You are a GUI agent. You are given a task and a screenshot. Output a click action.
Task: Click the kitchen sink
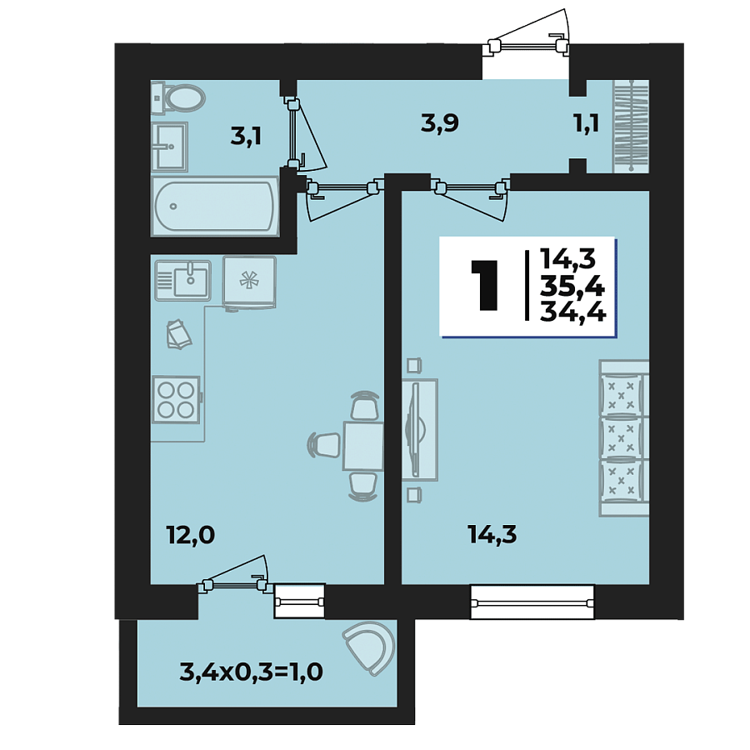183,279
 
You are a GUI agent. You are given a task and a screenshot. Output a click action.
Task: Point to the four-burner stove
176,398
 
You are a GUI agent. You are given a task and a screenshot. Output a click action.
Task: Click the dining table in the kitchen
363,444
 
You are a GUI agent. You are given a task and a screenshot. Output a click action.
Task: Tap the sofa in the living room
622,437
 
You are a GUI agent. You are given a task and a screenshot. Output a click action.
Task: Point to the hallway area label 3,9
440,123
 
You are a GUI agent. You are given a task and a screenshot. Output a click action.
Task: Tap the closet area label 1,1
587,124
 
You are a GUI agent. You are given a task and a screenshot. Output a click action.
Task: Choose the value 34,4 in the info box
572,312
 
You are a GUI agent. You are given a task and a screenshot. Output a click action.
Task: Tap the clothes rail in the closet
630,125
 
